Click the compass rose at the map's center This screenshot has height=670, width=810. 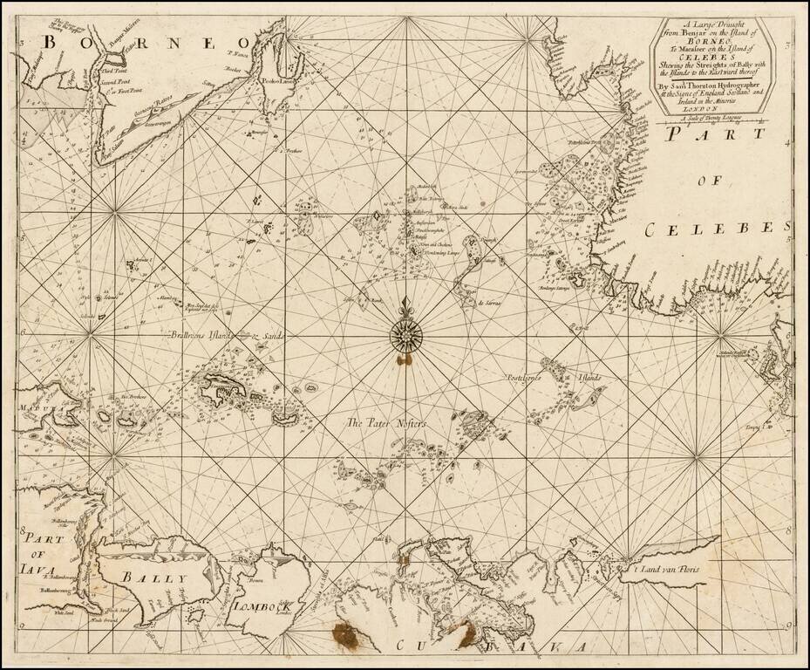click(x=405, y=332)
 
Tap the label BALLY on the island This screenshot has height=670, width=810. click(x=153, y=578)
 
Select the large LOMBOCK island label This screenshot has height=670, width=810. click(x=256, y=606)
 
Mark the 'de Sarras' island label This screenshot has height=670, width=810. click(x=491, y=302)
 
